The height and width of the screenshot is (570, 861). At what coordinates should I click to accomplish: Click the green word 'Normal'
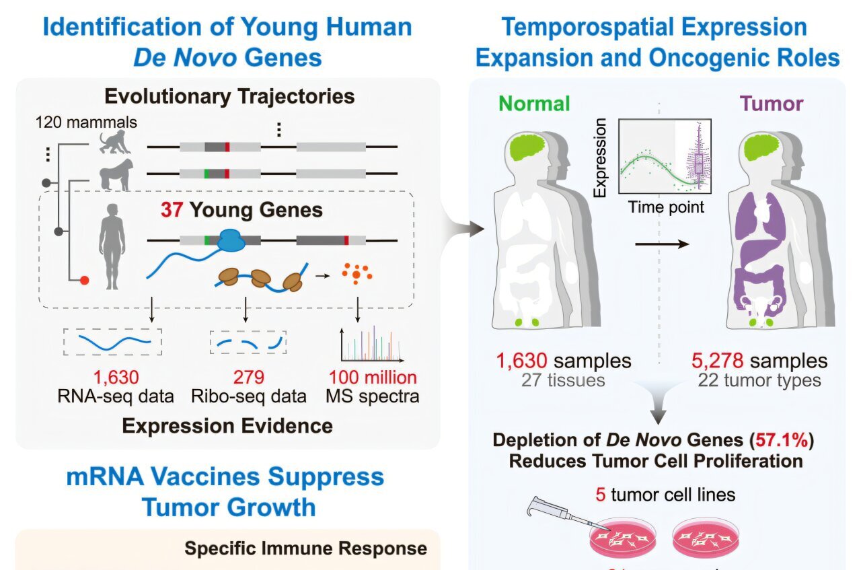535,103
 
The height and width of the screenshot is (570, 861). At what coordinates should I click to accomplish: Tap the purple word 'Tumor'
772,103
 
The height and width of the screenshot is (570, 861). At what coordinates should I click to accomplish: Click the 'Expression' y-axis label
600,157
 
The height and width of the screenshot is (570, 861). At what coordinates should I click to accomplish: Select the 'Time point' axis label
666,207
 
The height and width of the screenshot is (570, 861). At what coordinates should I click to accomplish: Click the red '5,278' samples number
718,361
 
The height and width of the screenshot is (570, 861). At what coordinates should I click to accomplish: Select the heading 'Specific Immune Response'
305,548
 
